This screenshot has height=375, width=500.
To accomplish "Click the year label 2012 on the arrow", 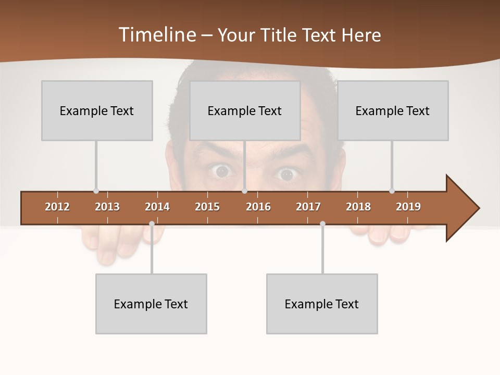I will tap(57, 207).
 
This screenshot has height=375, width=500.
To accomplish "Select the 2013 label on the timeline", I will tap(107, 207).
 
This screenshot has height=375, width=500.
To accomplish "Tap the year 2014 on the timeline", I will tap(157, 207).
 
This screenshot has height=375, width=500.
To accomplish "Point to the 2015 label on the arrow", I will tap(207, 207).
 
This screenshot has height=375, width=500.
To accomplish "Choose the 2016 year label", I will tap(258, 207).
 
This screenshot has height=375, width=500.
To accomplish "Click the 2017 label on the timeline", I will tap(308, 207).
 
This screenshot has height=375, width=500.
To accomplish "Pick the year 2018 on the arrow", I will tap(358, 207).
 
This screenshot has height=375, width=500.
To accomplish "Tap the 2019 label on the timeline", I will tap(408, 207).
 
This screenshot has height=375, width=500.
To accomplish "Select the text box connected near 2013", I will tap(97, 110).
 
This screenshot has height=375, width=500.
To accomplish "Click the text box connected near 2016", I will tap(245, 110).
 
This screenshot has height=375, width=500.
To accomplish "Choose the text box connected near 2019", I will tap(393, 110).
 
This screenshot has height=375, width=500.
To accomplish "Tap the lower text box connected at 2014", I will tap(151, 304).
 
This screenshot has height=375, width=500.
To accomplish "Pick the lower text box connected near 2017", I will tap(322, 304).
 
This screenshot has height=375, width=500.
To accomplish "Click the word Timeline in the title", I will tap(157, 35).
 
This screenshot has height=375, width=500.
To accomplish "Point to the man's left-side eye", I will tap(222, 171).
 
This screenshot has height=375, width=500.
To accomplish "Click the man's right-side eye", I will tap(286, 174).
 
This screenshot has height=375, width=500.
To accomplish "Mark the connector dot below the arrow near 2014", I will tap(152, 223).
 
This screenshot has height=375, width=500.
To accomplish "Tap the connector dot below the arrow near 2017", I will tap(322, 223).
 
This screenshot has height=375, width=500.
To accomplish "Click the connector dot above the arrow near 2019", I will tap(392, 191).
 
